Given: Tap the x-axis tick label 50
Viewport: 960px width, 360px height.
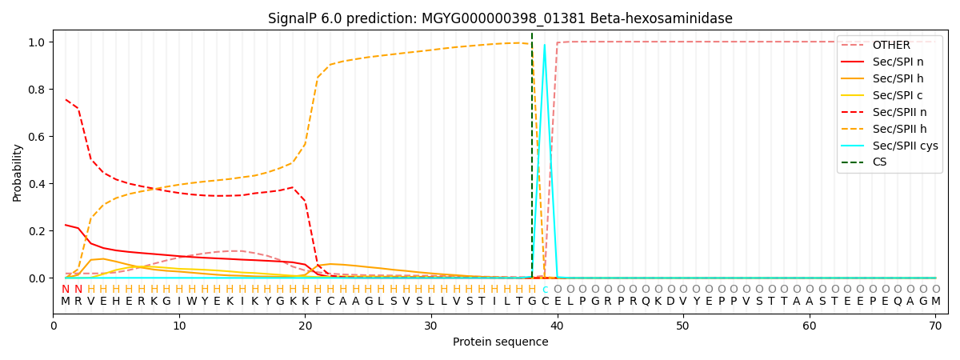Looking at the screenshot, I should click(682, 325).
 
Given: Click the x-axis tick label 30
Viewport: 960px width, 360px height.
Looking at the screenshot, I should click(430, 325).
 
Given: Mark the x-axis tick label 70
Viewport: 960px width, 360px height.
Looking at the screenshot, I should click(935, 325).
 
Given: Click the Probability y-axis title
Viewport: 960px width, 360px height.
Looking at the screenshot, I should click(17, 172).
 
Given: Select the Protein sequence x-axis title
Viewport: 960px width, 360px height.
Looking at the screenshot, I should click(500, 342).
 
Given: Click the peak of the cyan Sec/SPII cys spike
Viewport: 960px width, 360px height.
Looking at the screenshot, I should click(545, 45).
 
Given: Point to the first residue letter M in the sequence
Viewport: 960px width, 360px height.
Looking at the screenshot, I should click(66, 302).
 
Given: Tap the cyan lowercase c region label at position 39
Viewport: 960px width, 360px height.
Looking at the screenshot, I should click(545, 290).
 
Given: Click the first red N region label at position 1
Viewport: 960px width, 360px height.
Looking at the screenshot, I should click(66, 290).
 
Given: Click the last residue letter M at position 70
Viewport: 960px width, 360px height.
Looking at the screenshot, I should click(935, 302).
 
